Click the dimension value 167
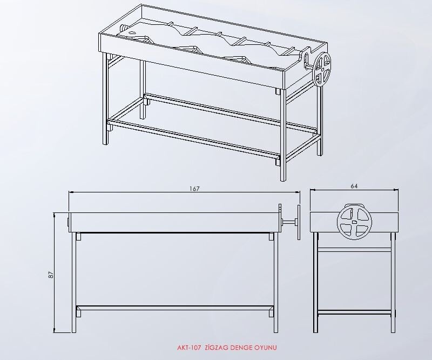coord(194,189)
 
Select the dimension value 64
coord(354,186)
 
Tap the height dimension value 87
coord(51,275)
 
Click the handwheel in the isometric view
coord(322,69)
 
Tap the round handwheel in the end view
coord(354,222)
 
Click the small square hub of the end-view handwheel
coord(354,221)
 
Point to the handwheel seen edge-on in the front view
coord(299,222)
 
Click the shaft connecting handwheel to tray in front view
coord(289,222)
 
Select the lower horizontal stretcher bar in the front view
coord(175,308)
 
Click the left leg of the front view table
coord(74,283)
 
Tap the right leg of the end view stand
coord(393,283)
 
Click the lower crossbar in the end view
coord(354,313)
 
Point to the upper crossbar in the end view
coord(354,250)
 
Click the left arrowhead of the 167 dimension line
coord(71,192)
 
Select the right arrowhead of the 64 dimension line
coord(396,190)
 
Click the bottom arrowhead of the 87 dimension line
coord(55,330)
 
